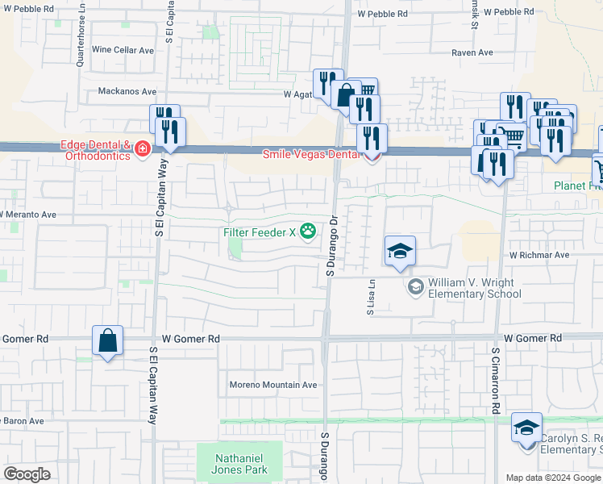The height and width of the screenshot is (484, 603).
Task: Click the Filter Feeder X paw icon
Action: [307, 232]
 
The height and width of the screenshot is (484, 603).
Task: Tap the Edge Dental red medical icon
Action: [143, 150]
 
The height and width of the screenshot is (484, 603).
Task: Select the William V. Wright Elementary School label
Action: [474, 288]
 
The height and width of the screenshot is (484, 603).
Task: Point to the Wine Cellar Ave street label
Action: [123, 50]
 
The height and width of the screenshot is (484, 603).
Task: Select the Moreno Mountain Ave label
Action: [273, 385]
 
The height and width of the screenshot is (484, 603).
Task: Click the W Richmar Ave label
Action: [539, 255]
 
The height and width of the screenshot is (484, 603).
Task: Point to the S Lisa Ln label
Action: [372, 297]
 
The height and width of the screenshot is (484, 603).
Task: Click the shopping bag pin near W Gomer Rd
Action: [108, 341]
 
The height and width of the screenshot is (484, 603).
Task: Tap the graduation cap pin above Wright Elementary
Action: [400, 252]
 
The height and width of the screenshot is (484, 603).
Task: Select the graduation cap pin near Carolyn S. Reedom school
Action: [526, 428]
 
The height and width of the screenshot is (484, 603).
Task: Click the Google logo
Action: [27, 474]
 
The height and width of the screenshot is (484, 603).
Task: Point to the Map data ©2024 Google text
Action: [552, 478]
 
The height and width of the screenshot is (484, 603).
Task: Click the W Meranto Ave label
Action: [28, 215]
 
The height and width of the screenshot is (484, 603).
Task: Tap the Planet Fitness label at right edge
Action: [577, 186]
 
